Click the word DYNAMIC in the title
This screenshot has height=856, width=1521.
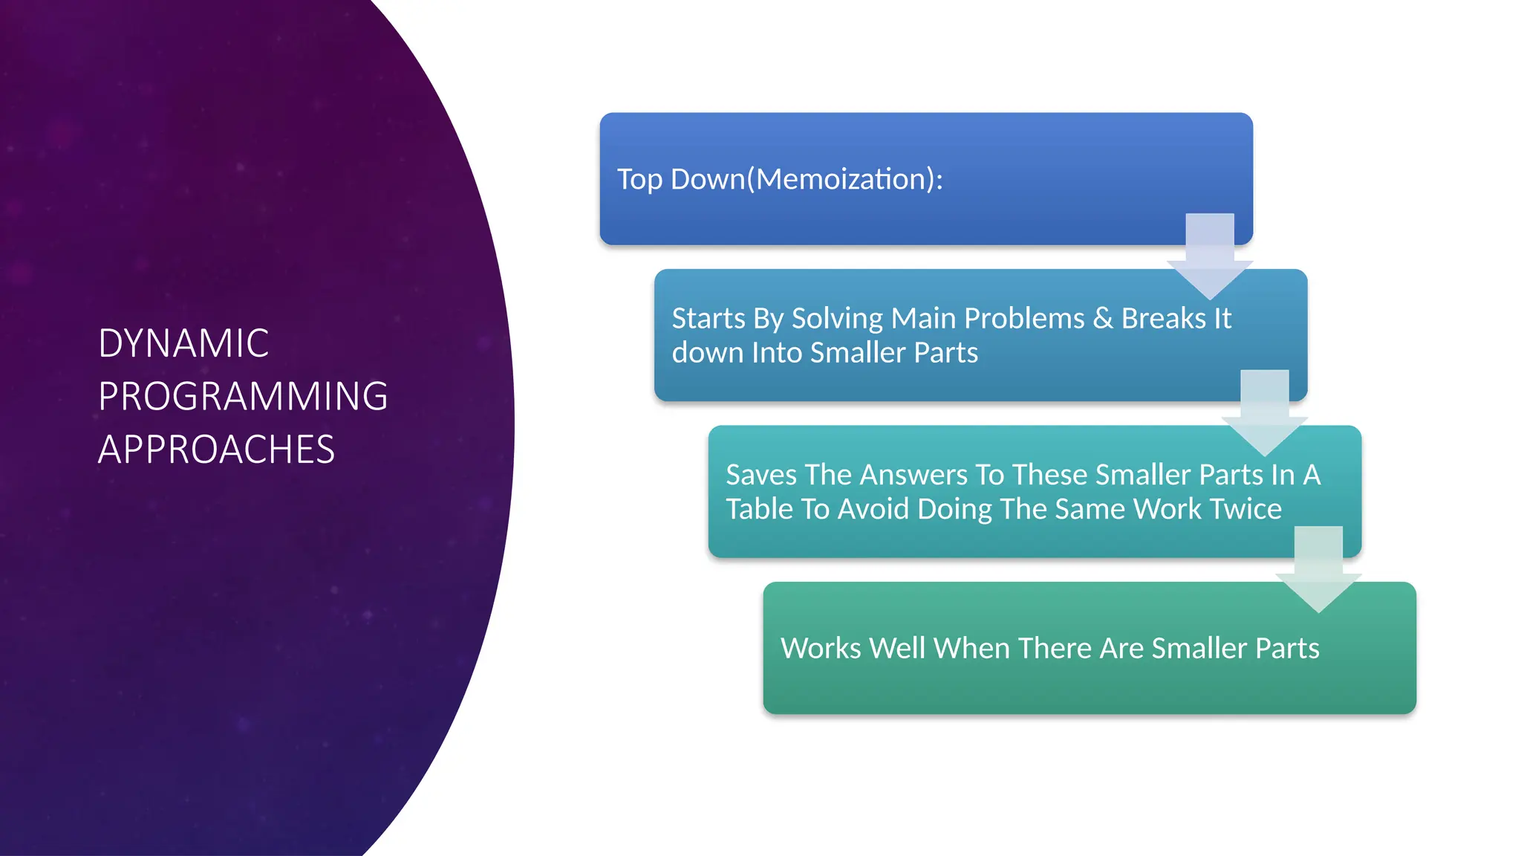[x=183, y=343]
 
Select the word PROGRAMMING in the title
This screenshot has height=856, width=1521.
[x=243, y=396]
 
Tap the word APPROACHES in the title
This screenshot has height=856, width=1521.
[x=216, y=450]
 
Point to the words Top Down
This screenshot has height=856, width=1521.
[x=680, y=179]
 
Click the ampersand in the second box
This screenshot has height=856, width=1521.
[x=1103, y=319]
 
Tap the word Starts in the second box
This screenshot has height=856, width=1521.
[x=708, y=319]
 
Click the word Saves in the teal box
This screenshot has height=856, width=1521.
[x=761, y=475]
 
